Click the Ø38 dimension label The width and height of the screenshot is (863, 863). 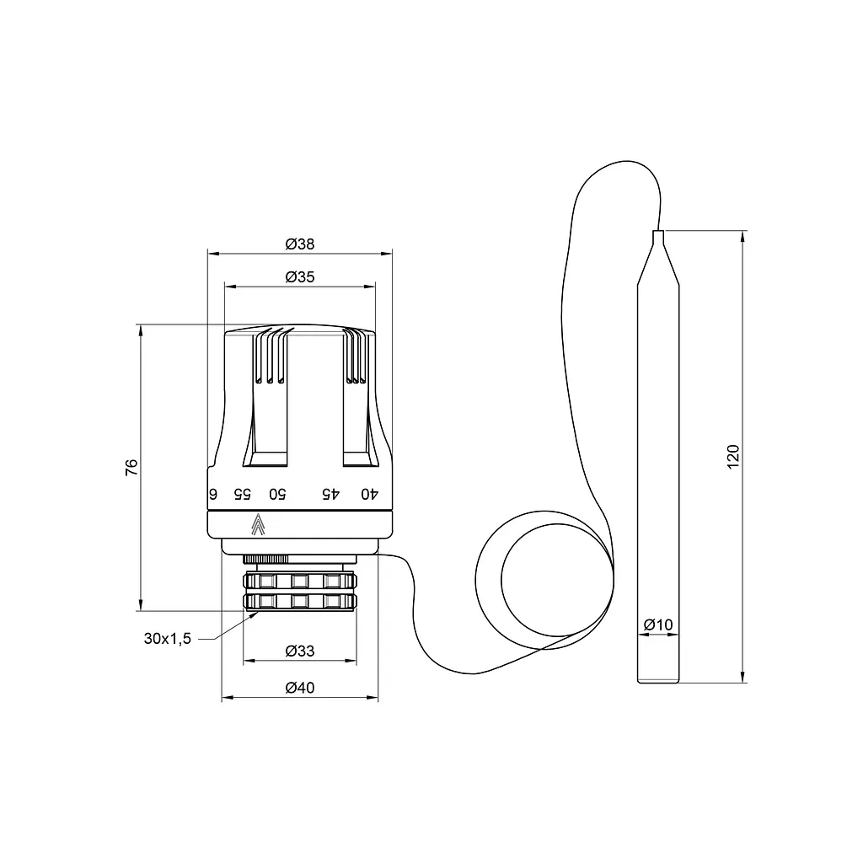tap(300, 244)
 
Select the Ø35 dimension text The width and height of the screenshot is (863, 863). tap(300, 276)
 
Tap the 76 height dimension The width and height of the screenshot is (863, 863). tap(131, 467)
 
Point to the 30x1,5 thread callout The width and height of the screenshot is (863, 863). tap(168, 639)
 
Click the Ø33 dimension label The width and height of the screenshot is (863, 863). tap(300, 651)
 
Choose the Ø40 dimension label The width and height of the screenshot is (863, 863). tap(300, 688)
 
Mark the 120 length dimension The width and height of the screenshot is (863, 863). tap(733, 456)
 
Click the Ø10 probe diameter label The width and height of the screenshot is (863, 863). tap(658, 624)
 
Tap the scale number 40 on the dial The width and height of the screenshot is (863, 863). tap(370, 494)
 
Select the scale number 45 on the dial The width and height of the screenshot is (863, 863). tap(330, 494)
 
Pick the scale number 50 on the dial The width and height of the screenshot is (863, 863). tap(277, 494)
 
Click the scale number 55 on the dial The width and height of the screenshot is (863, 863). tap(242, 494)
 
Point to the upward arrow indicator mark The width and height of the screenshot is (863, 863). tap(258, 524)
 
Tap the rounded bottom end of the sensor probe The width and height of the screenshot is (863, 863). tap(658, 681)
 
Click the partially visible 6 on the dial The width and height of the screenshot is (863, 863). tap(213, 494)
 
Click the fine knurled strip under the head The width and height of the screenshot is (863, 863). tap(265, 560)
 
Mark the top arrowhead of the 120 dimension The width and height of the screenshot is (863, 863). tap(743, 237)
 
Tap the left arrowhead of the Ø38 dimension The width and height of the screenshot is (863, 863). tap(214, 255)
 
